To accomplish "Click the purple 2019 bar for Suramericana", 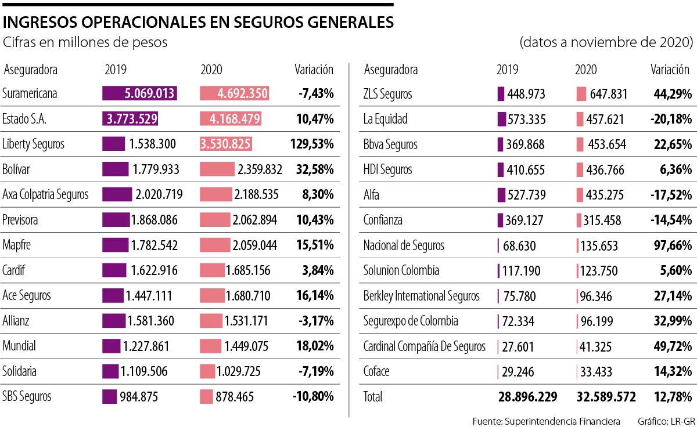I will click(x=139, y=94).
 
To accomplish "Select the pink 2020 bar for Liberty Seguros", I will click(x=234, y=144).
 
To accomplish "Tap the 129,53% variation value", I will click(x=311, y=144).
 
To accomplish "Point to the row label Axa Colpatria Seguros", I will click(x=46, y=195).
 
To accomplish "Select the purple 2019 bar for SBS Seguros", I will click(x=109, y=397).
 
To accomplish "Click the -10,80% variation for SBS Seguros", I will click(x=314, y=397).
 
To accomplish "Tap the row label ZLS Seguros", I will click(x=388, y=94).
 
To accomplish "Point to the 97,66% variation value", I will click(x=671, y=245).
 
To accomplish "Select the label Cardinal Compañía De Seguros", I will click(x=424, y=346).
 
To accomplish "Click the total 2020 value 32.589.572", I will click(x=606, y=397).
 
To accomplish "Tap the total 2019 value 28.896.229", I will click(x=527, y=397).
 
